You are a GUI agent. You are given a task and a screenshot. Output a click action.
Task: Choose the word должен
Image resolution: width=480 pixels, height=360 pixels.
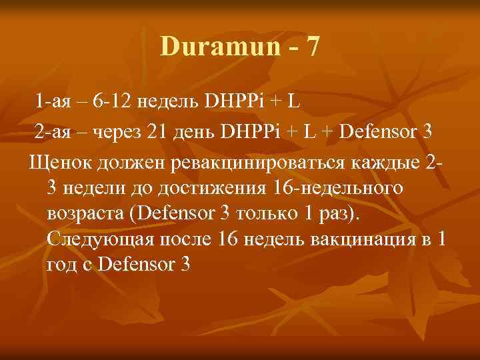point(127,162)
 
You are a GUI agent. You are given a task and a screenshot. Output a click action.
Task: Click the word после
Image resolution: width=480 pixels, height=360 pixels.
point(185,239)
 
